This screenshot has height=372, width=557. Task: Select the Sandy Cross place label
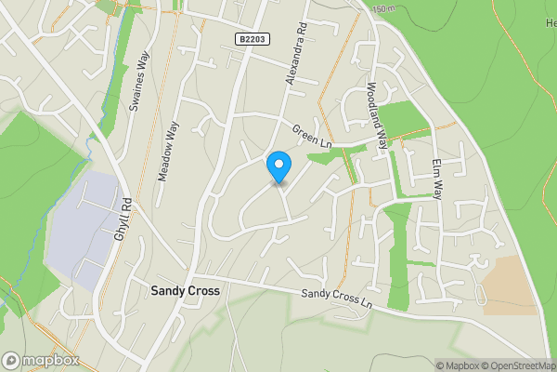(185, 291)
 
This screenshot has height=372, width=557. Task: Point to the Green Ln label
(311, 136)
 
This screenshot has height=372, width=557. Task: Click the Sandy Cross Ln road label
(336, 299)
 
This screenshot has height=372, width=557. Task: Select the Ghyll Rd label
(122, 222)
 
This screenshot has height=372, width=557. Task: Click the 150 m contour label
(382, 9)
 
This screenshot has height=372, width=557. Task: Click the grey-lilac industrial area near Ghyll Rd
(84, 228)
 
